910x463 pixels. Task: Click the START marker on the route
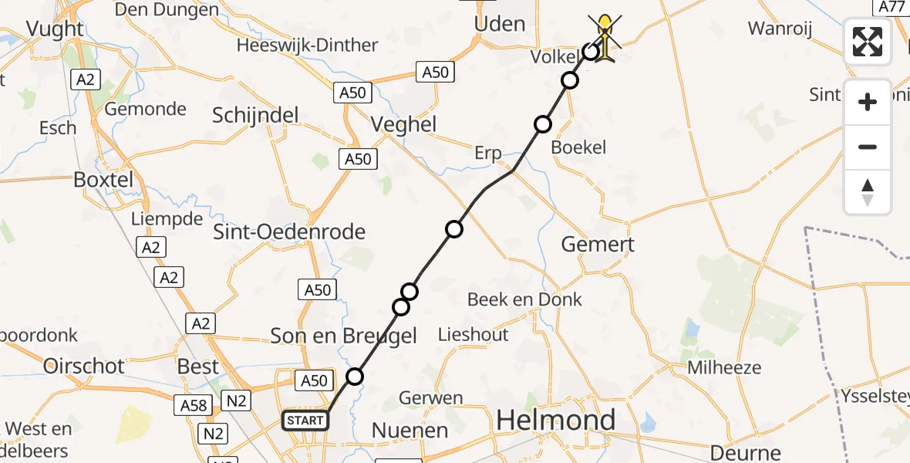[x=305, y=421]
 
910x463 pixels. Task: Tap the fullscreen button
[x=868, y=42]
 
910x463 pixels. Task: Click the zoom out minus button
[x=868, y=147]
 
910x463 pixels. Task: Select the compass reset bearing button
[x=868, y=192]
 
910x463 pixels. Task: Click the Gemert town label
[x=598, y=245]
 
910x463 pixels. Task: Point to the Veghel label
[x=403, y=124]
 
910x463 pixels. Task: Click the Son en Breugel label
[x=343, y=336]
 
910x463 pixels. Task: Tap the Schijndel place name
[x=255, y=115]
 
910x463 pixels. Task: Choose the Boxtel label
[x=103, y=180]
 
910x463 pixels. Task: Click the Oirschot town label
[x=84, y=366]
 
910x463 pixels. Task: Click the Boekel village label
[x=579, y=147]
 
